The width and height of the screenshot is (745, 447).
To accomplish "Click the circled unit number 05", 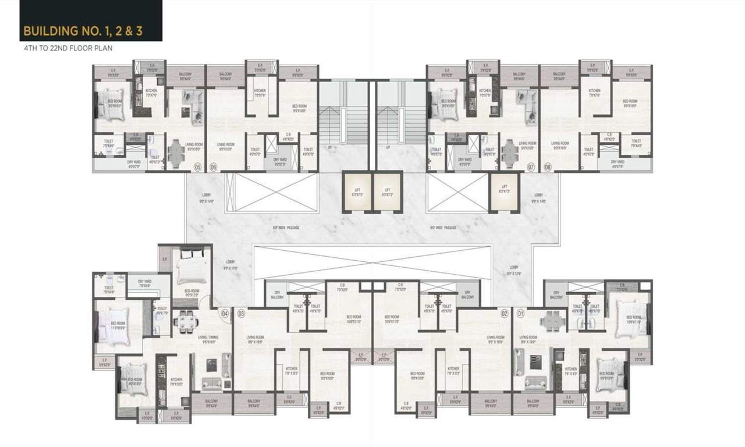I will [x=197, y=167].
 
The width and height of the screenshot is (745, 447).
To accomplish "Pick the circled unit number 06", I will [x=214, y=167].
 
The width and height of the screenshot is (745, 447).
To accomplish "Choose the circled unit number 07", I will [x=531, y=167].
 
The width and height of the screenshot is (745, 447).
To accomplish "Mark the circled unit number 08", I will [x=547, y=167].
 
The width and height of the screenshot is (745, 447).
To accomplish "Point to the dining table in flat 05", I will [x=176, y=153].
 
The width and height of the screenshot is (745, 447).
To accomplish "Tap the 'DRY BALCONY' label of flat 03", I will [x=277, y=295].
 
